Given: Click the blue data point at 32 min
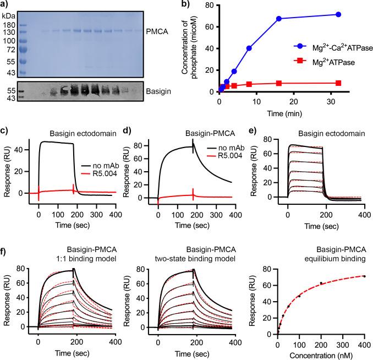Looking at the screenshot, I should pos(338,14).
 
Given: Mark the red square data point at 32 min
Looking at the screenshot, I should pos(338,83).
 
